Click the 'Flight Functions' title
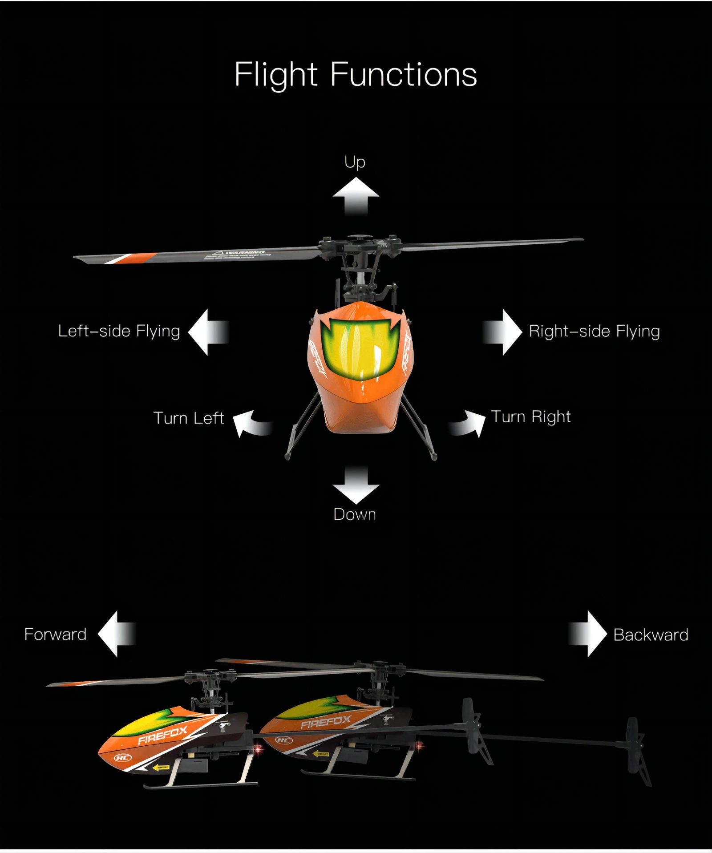(356, 74)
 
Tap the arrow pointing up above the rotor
(356, 195)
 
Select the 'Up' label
(355, 162)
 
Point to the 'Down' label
(355, 514)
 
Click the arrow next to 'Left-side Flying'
(208, 332)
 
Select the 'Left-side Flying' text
(119, 331)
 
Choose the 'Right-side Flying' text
(594, 331)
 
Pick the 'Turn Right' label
(531, 416)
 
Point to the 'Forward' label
(55, 634)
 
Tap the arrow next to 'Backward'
(587, 634)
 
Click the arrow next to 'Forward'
(116, 634)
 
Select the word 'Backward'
(651, 635)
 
